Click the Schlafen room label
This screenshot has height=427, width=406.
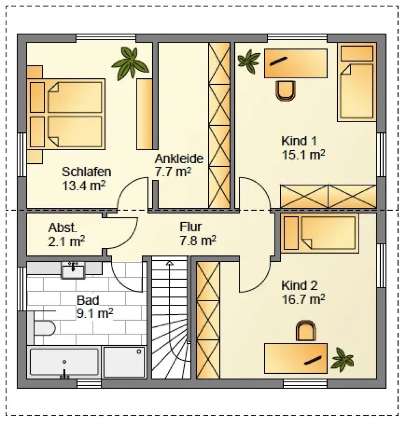(x=86, y=172)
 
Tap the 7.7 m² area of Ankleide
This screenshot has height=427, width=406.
(x=173, y=172)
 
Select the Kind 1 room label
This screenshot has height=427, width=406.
(x=299, y=141)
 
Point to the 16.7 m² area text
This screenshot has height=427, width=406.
(x=303, y=300)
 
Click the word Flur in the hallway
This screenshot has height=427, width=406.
(x=190, y=227)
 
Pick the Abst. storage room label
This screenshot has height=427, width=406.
(x=63, y=228)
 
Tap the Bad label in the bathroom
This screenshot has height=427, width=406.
(x=88, y=300)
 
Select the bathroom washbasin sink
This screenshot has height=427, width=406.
(x=73, y=270)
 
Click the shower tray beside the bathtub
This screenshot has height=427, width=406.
(x=124, y=362)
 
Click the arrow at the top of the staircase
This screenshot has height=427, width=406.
(x=170, y=263)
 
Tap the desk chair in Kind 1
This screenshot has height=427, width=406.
(x=285, y=91)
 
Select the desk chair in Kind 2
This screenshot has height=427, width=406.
(x=306, y=330)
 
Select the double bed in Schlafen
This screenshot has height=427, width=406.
(x=66, y=114)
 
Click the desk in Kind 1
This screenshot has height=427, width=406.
(x=296, y=63)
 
